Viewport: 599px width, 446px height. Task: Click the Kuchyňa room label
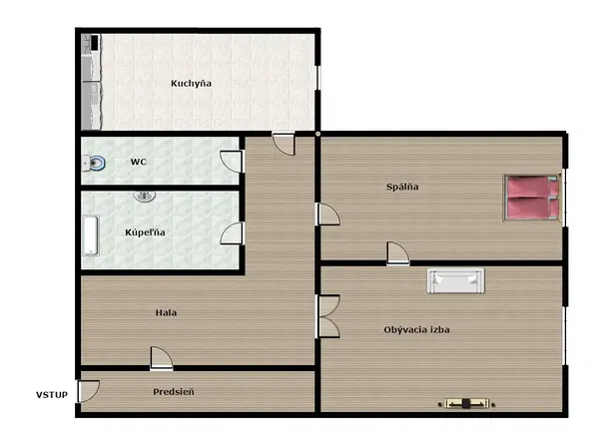191,83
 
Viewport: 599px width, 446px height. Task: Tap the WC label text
139,162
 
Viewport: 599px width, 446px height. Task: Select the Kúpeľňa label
145,232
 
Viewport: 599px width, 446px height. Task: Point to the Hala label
166,312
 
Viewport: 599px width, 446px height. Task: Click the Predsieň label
174,392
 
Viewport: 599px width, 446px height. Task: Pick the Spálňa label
402,187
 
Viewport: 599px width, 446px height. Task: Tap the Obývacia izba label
416,330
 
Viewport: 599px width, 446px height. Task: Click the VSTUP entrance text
52,395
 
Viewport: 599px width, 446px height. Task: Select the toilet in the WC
94,164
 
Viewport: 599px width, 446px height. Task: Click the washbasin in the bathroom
145,196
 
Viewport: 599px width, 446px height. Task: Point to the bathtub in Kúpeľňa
91,235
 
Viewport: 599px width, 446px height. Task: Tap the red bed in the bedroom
532,198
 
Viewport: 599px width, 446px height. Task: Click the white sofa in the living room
456,280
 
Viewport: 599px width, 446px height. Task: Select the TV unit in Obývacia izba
466,403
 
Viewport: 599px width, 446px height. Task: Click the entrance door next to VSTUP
88,391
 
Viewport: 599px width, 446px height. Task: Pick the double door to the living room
327,316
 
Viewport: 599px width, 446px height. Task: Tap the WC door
232,162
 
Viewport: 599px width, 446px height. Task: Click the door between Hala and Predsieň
161,358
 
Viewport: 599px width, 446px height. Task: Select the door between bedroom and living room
397,253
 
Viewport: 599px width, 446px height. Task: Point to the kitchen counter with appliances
91,82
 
